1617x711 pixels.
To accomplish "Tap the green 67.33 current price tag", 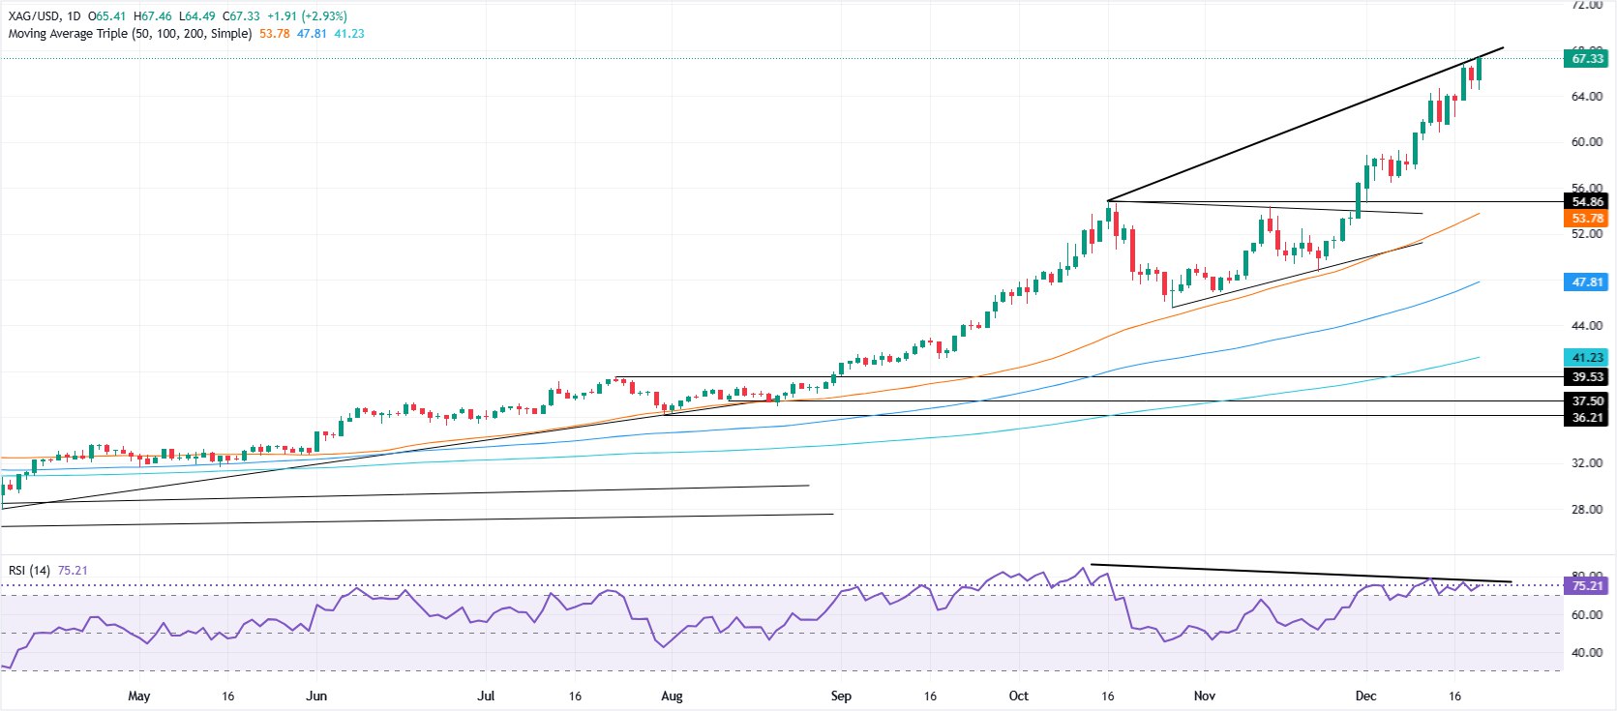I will pyautogui.click(x=1586, y=59).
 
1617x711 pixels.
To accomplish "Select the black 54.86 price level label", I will pyautogui.click(x=1586, y=202).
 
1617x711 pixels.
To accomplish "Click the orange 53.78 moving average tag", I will pyautogui.click(x=1586, y=219).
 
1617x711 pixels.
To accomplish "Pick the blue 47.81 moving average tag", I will pyautogui.click(x=1586, y=282).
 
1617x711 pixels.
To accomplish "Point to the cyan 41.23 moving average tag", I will pyautogui.click(x=1586, y=358).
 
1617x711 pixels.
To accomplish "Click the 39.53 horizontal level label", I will pyautogui.click(x=1586, y=377).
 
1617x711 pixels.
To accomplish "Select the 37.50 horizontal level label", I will pyautogui.click(x=1586, y=400).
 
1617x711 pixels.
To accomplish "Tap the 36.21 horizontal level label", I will pyautogui.click(x=1586, y=418).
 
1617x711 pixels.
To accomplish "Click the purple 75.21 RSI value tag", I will pyautogui.click(x=1586, y=586).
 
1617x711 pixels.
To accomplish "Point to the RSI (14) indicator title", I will pyautogui.click(x=29, y=571).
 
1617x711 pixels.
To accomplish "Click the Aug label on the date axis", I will pyautogui.click(x=671, y=696).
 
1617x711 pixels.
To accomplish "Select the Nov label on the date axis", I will pyautogui.click(x=1204, y=696).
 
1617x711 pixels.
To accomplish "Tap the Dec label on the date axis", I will pyautogui.click(x=1365, y=696).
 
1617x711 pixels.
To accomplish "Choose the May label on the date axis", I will pyautogui.click(x=139, y=696).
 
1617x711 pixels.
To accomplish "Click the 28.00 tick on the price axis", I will pyautogui.click(x=1586, y=510).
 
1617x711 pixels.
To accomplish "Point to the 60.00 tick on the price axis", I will pyautogui.click(x=1586, y=142).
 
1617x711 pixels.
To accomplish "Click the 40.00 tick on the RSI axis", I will pyautogui.click(x=1586, y=653).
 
